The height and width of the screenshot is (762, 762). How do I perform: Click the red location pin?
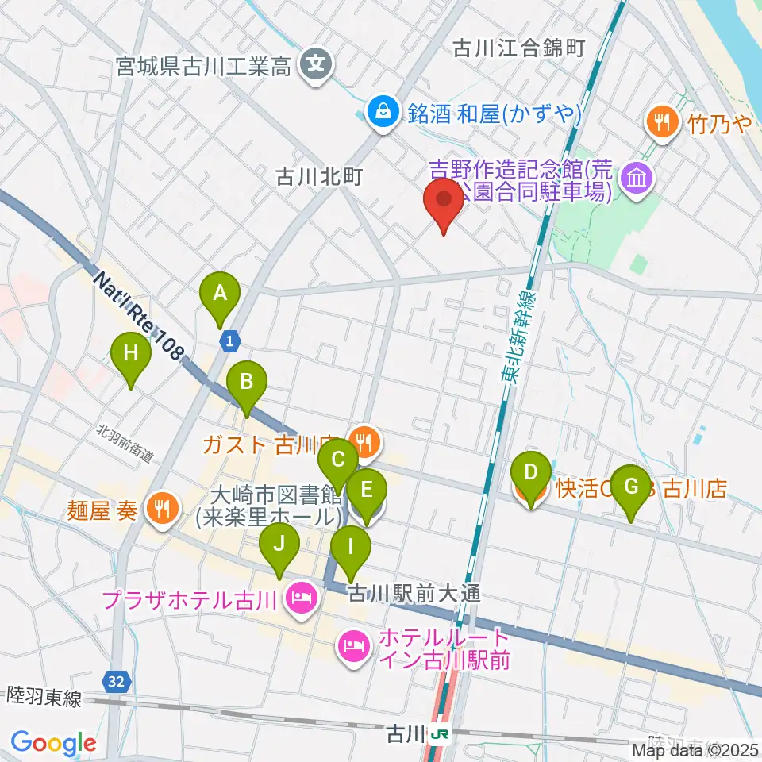click(x=444, y=202)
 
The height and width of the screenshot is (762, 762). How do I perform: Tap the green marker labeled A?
click(x=221, y=295)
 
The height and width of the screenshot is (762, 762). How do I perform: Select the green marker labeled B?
click(x=247, y=385)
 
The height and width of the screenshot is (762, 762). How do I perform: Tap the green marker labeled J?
click(x=279, y=548)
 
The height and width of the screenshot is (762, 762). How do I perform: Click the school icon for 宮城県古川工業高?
click(x=317, y=61)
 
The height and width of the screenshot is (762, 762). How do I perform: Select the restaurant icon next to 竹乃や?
click(x=661, y=121)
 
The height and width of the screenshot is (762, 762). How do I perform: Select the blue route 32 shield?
click(x=116, y=680)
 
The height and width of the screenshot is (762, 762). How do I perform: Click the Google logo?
click(x=53, y=743)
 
